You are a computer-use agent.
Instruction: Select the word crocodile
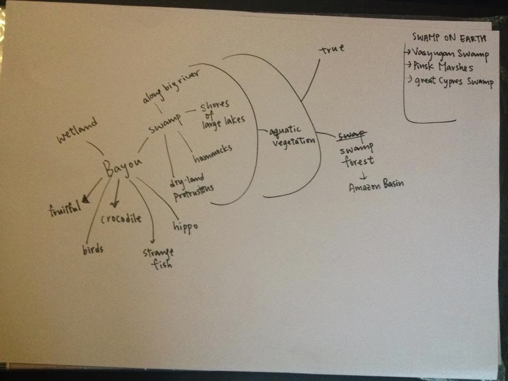[121, 218]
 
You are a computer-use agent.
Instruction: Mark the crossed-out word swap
[351, 137]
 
